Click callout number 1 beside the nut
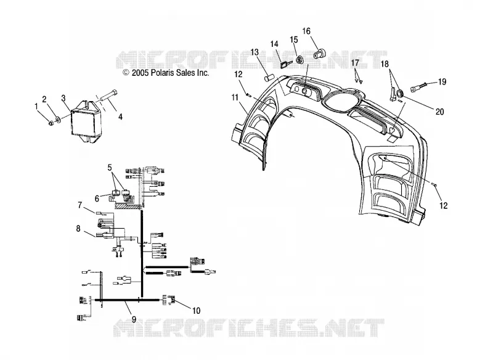[36, 106]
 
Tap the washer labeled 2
[58, 119]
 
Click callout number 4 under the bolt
[120, 117]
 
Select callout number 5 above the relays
[110, 168]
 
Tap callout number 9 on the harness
[134, 319]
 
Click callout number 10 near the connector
[196, 311]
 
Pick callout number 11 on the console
[235, 98]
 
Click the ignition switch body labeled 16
[319, 54]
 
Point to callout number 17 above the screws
[355, 63]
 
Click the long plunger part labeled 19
[418, 85]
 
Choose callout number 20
[439, 112]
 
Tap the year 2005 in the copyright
[141, 73]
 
